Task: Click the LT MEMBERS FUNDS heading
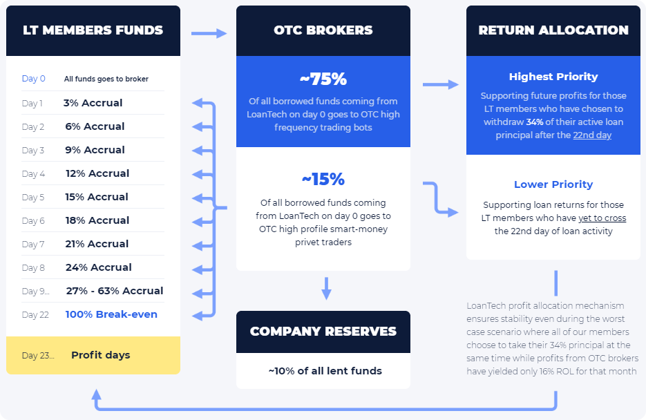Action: pos(93,30)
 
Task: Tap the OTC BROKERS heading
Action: pos(323,30)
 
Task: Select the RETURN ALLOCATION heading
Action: pos(553,30)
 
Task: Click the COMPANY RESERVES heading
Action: pos(323,332)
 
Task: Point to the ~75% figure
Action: pos(323,79)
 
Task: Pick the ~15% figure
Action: pos(323,180)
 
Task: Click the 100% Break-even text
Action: pos(111,314)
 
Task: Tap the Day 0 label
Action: pos(34,79)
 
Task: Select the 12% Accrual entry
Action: pos(97,173)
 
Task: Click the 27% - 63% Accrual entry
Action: pos(115,291)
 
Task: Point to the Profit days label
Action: pos(100,355)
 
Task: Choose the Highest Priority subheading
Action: pos(553,77)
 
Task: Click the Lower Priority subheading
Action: pos(553,184)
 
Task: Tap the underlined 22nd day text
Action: pos(592,135)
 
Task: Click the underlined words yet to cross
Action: pos(602,218)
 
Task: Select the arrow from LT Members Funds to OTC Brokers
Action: pos(209,33)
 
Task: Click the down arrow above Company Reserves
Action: pos(326,288)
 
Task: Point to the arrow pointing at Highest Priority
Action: pos(440,84)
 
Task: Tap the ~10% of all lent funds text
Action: pos(325,371)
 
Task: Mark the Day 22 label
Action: pos(35,315)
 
